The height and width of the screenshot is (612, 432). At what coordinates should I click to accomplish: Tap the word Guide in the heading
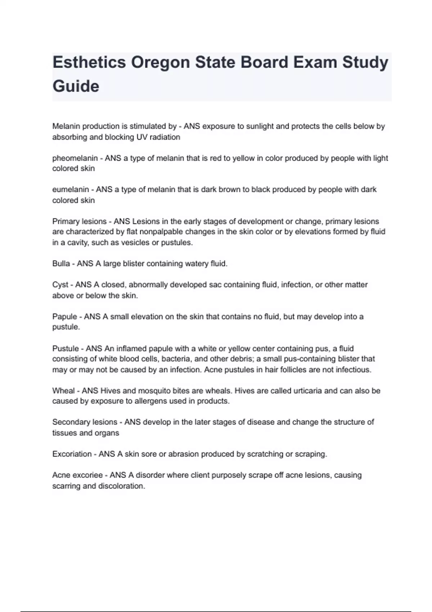click(x=76, y=86)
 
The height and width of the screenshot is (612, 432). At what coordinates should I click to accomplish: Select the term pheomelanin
click(x=75, y=158)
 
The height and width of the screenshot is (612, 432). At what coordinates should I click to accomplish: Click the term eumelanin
click(x=70, y=190)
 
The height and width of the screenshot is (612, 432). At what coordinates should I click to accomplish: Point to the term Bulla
click(x=61, y=264)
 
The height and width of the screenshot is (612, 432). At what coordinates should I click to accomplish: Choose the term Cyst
click(x=60, y=285)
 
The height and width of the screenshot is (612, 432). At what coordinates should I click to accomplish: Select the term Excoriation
click(x=72, y=454)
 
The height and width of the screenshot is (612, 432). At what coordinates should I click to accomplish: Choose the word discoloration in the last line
click(x=123, y=486)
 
